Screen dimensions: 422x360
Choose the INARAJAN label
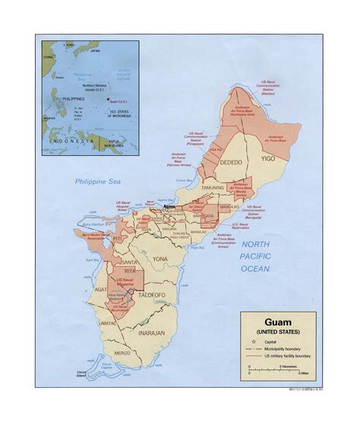coord(151,333)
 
